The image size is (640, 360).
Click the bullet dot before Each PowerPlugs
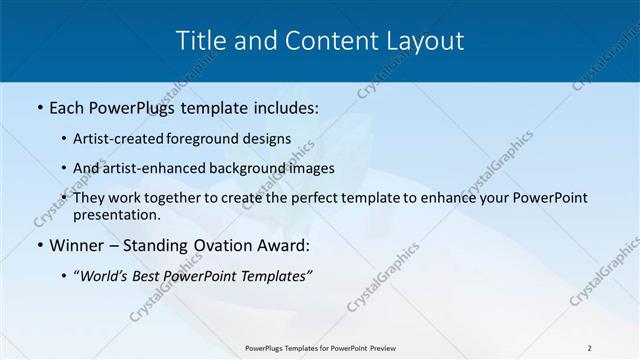[38, 105]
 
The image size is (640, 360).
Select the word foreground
[216, 139]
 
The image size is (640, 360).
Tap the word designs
[271, 139]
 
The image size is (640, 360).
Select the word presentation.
[116, 215]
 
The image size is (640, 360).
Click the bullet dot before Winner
[38, 245]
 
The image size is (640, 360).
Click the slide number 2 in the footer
[589, 348]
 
